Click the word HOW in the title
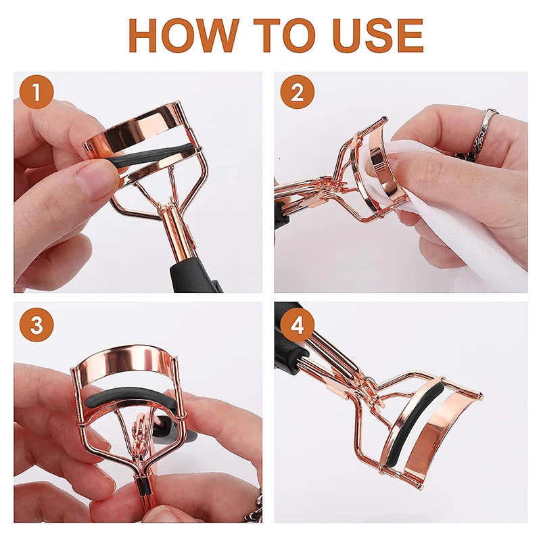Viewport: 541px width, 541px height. (183, 36)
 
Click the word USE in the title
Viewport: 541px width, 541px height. (378, 36)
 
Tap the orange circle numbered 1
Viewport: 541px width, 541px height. (37, 92)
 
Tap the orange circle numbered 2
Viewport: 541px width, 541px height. (297, 92)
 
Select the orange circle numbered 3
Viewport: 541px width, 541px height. (37, 325)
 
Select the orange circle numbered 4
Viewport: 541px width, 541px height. (297, 325)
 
